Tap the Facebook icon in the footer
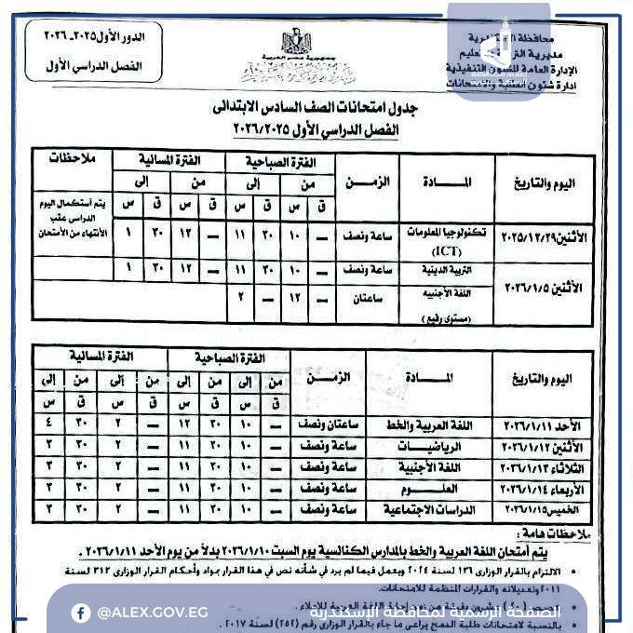[81, 612]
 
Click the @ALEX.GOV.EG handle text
[140, 612]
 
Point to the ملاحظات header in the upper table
[71, 159]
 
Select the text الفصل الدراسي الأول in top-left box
[92, 67]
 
